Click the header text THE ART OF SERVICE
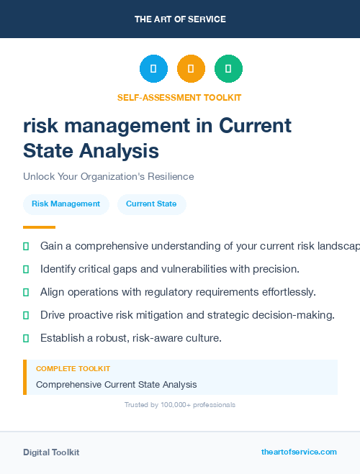pyautogui.click(x=180, y=19)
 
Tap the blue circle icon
pyautogui.click(x=153, y=69)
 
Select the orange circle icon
pyautogui.click(x=191, y=69)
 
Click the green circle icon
pyautogui.click(x=228, y=69)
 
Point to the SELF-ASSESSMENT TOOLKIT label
pyautogui.click(x=179, y=97)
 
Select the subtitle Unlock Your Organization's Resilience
pyautogui.click(x=108, y=176)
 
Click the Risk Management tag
pyautogui.click(x=66, y=204)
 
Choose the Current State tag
pyautogui.click(x=151, y=204)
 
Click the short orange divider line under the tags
pyautogui.click(x=39, y=227)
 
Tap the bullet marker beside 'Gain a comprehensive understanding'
pyautogui.click(x=26, y=246)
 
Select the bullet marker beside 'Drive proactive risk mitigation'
pyautogui.click(x=26, y=315)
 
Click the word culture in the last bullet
pyautogui.click(x=202, y=338)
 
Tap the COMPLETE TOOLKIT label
pyautogui.click(x=73, y=369)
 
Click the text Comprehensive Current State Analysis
pyautogui.click(x=116, y=385)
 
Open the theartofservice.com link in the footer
pyautogui.click(x=299, y=452)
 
